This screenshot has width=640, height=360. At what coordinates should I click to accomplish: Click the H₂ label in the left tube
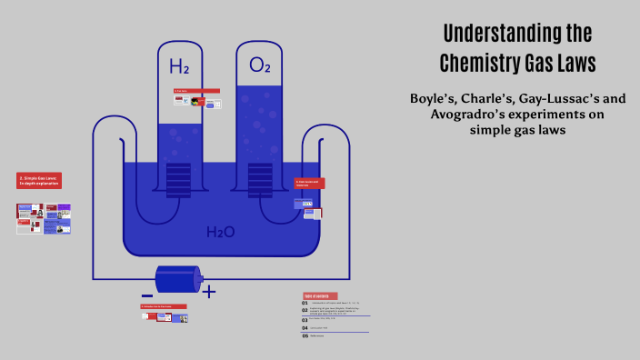tap(179, 66)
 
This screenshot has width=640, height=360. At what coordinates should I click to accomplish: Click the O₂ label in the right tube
tap(260, 65)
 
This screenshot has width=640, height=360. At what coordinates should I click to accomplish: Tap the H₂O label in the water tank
tap(220, 233)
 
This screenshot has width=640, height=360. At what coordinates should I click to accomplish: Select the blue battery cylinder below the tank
tap(176, 279)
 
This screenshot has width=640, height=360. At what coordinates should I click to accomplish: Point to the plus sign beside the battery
tap(209, 292)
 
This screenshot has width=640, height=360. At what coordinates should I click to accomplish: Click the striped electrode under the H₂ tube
tap(178, 179)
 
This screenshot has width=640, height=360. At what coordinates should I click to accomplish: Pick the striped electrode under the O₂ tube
tap(260, 179)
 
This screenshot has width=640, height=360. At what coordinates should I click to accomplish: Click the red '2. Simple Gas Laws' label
tap(39, 180)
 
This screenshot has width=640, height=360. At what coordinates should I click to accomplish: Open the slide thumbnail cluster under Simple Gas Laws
tap(44, 218)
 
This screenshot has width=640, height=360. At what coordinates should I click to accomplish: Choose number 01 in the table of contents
tap(305, 304)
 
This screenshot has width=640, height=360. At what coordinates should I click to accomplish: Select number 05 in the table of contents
tap(305, 335)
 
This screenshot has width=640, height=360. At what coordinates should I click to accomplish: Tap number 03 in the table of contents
tap(305, 319)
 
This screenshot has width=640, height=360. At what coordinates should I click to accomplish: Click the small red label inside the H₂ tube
tap(196, 91)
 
